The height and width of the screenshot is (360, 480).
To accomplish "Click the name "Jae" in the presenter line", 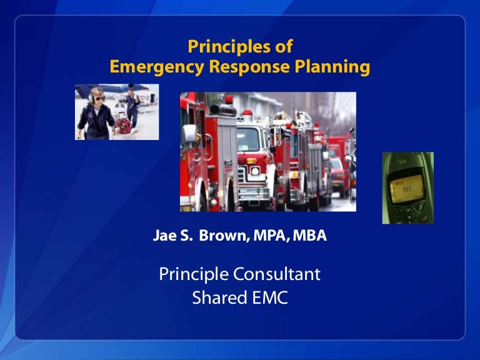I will pos(164,237).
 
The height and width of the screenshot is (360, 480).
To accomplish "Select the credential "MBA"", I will pos(309,237).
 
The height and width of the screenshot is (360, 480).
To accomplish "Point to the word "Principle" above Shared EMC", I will pos(194,274).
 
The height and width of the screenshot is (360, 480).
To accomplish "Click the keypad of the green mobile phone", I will pos(409,212).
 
